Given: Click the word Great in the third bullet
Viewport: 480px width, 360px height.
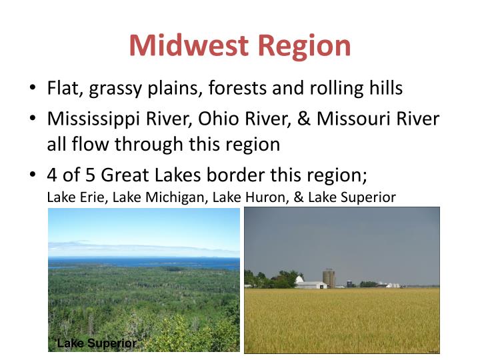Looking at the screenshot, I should point(129,176).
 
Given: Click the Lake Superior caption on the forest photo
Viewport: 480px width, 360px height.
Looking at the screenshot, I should point(96,343).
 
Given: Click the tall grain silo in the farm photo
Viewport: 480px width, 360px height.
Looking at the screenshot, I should point(328,277).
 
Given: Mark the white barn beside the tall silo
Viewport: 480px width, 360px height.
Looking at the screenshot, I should point(310,283).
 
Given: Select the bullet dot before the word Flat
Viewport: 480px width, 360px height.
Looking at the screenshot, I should point(33,89).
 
